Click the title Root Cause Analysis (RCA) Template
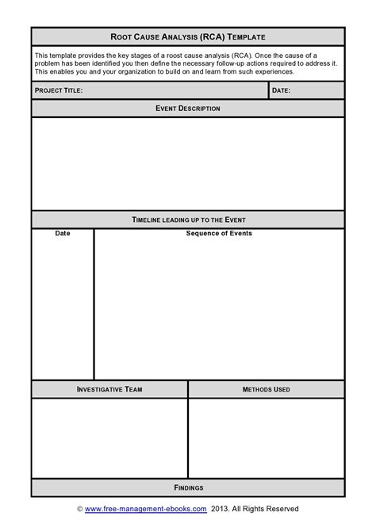tap(188, 36)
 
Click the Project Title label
tap(59, 91)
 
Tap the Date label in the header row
tap(282, 91)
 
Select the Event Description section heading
tap(188, 109)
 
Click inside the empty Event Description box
tap(188, 163)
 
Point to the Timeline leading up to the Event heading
tap(188, 220)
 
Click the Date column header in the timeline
tap(63, 234)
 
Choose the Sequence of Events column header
tap(219, 234)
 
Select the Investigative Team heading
tap(109, 389)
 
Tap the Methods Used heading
tap(266, 389)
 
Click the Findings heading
tap(188, 487)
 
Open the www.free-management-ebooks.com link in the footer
tap(146, 509)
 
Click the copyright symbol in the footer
tap(80, 509)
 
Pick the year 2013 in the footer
tap(220, 509)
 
